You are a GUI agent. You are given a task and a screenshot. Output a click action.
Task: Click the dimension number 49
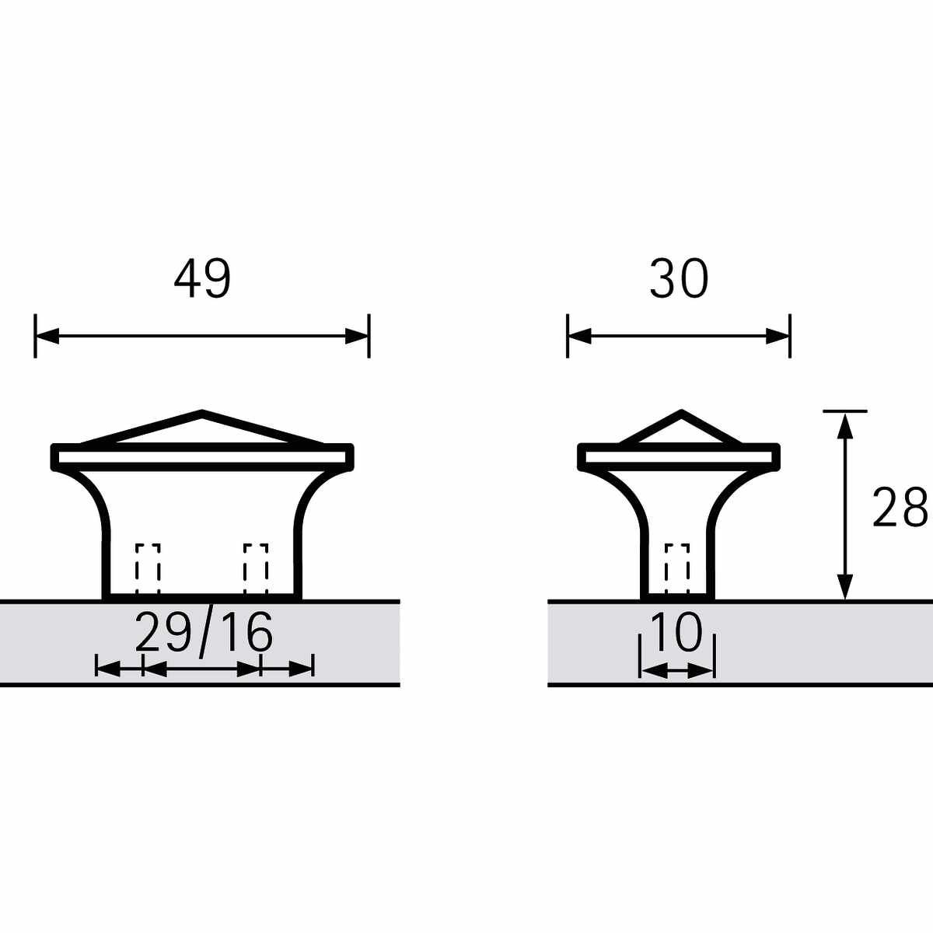202,279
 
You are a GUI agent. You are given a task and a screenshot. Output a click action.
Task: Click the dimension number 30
679,279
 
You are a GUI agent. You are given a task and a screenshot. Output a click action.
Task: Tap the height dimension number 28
900,508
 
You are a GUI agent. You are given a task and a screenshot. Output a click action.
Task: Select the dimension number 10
677,632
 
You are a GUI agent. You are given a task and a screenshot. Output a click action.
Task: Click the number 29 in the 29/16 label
163,632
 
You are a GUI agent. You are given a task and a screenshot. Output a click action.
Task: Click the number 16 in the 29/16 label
245,632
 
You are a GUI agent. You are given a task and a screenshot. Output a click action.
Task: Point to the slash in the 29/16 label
205,634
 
